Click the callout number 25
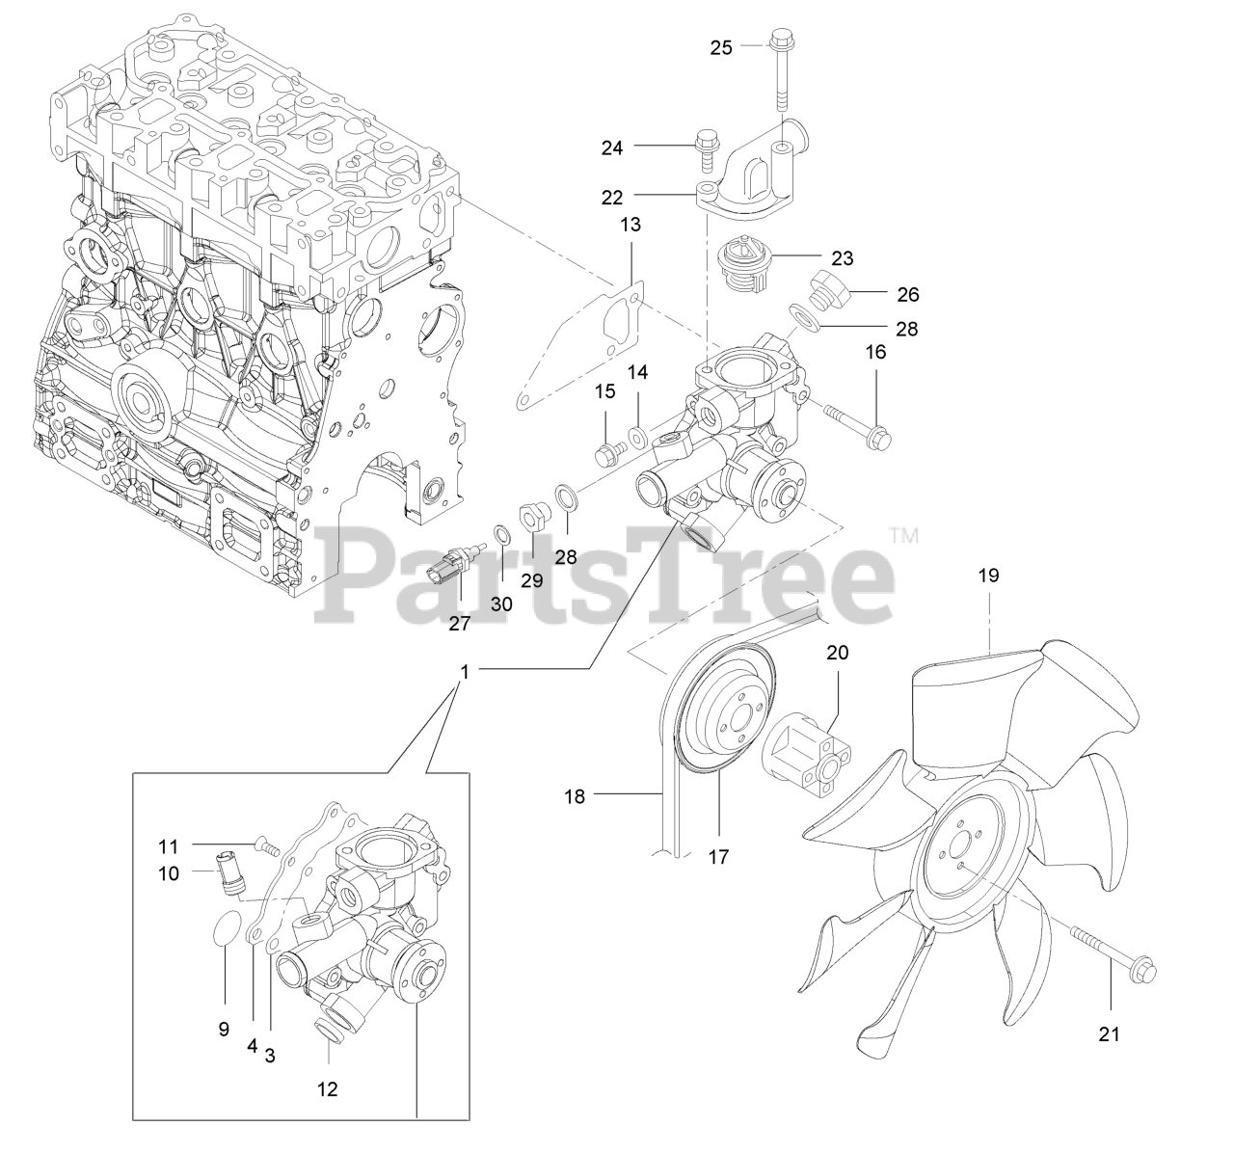[721, 46]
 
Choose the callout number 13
[630, 225]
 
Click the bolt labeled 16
[853, 424]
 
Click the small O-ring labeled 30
[501, 534]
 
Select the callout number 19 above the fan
[989, 576]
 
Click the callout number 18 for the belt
[576, 796]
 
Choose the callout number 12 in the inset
[328, 1089]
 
